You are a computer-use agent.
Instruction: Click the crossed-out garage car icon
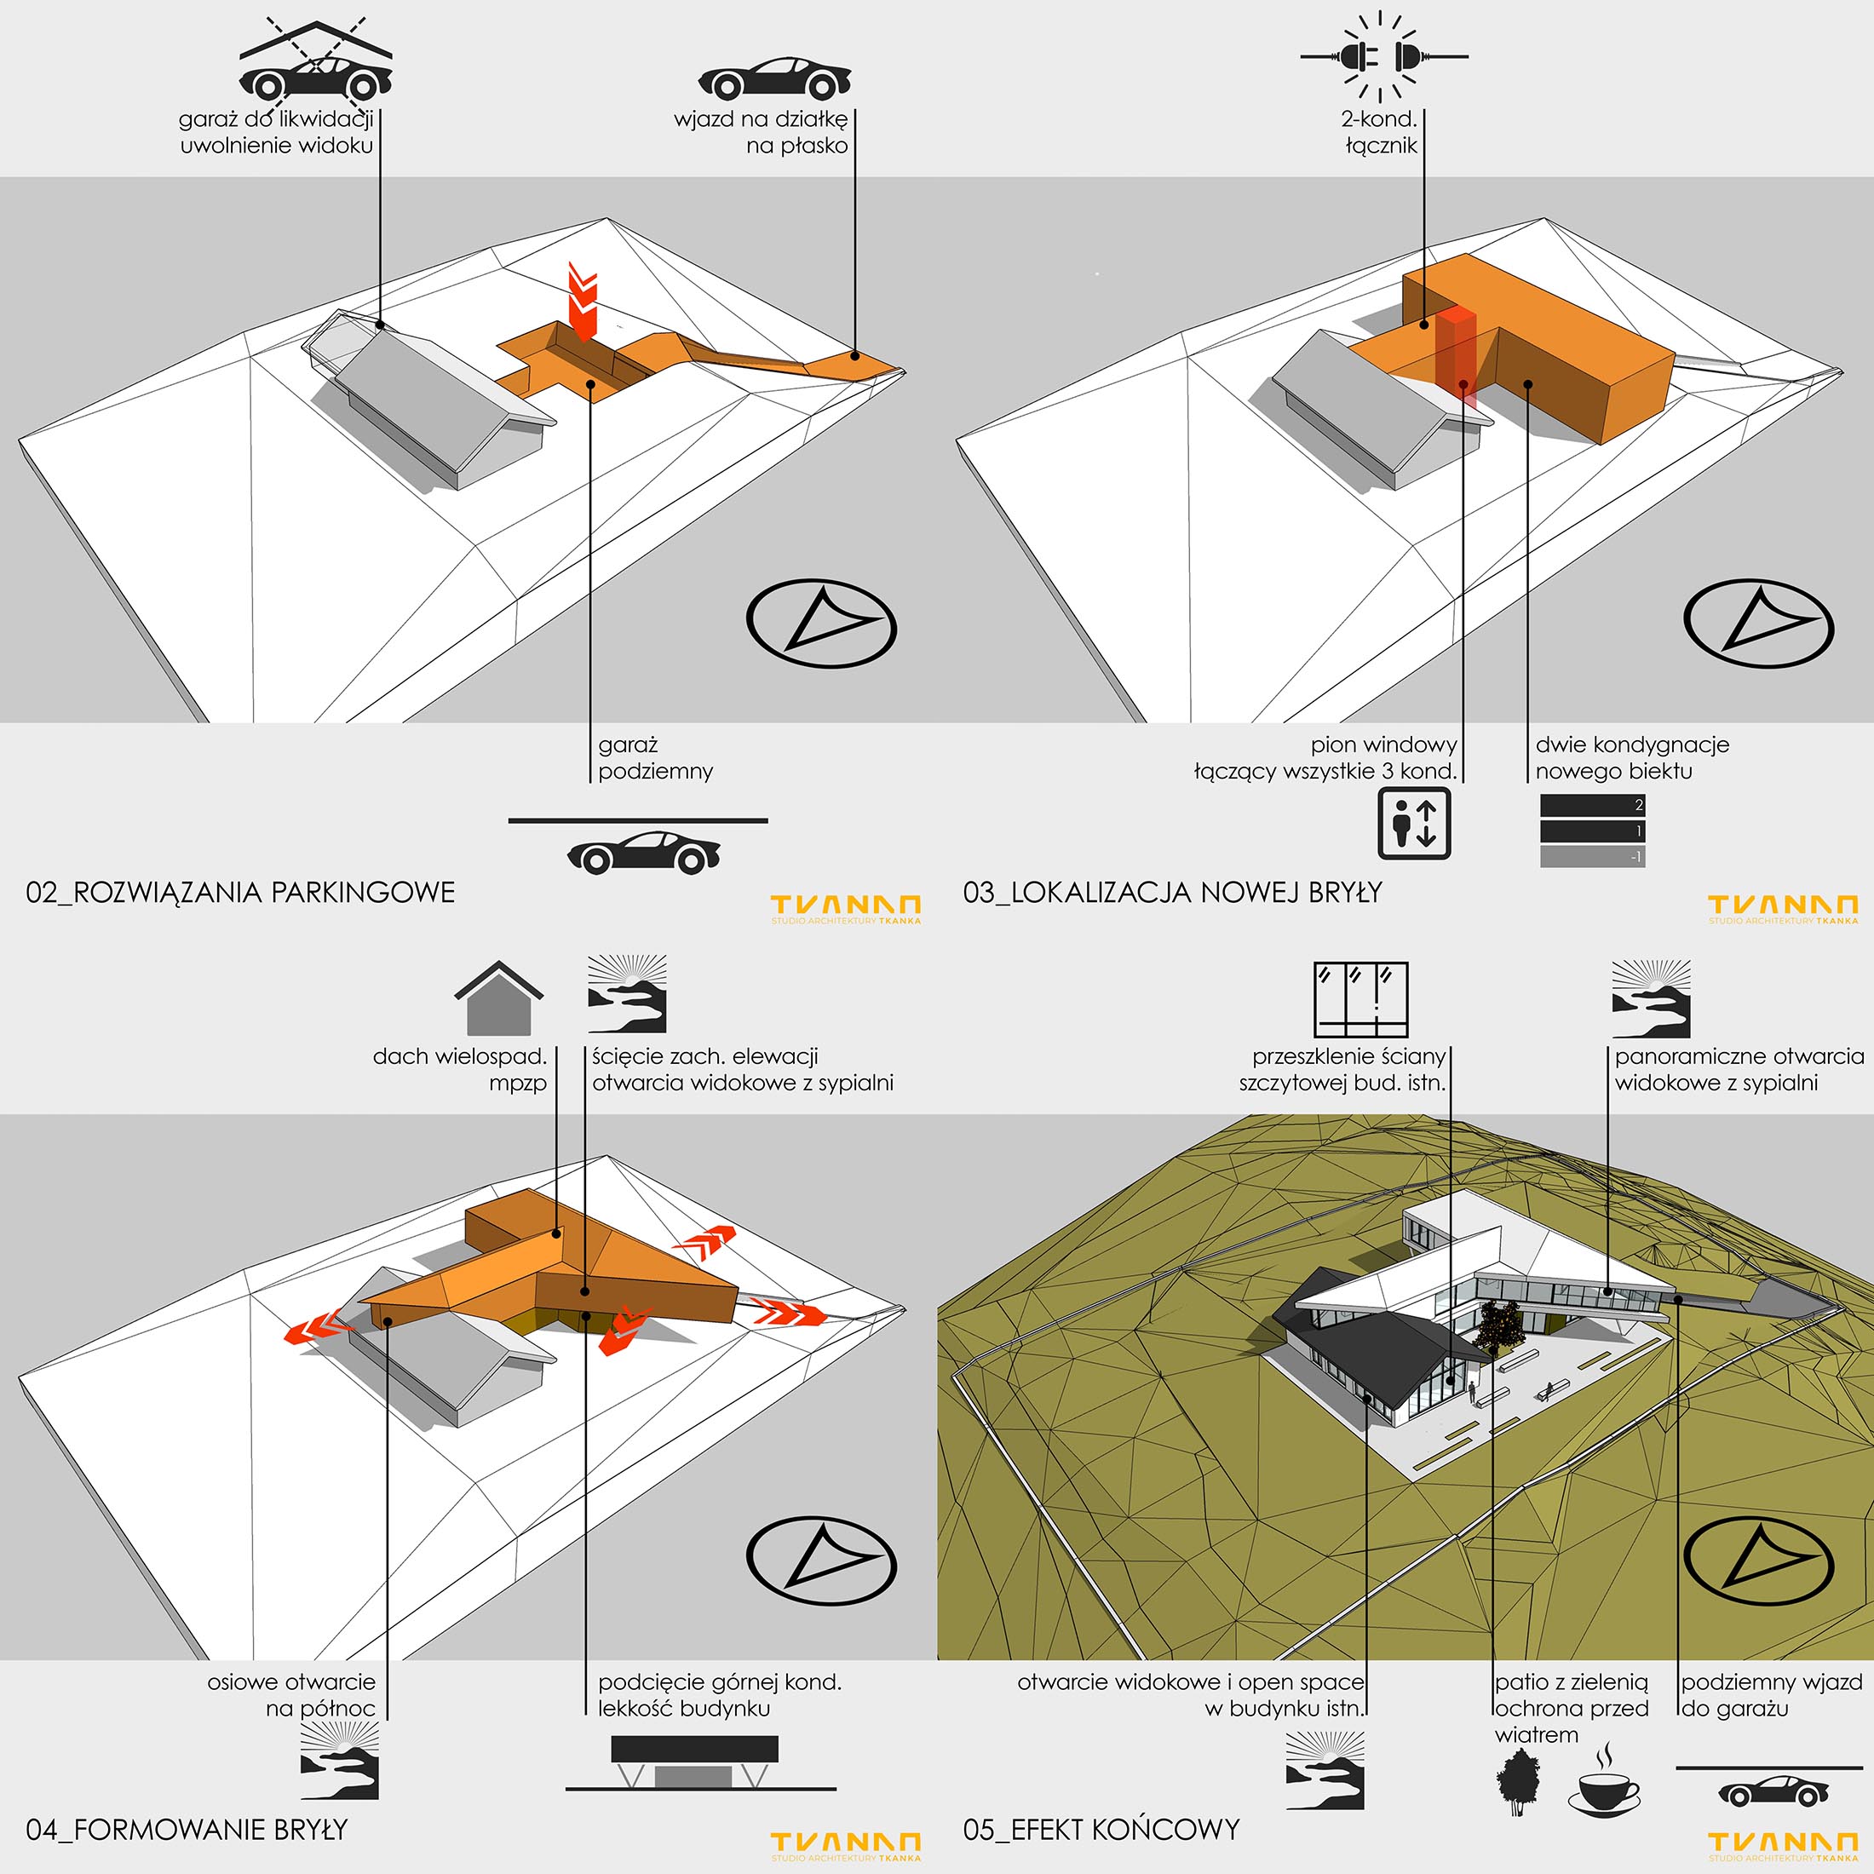pyautogui.click(x=315, y=64)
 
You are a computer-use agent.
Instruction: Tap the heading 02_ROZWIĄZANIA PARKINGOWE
pyautogui.click(x=240, y=893)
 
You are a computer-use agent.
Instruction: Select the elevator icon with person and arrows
pyautogui.click(x=1414, y=824)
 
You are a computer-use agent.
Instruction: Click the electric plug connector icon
pyautogui.click(x=1384, y=57)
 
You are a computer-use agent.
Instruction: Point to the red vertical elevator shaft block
pyautogui.click(x=1455, y=355)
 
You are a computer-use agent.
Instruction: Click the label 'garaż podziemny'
pyautogui.click(x=656, y=757)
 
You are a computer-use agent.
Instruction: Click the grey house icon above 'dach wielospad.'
pyautogui.click(x=498, y=998)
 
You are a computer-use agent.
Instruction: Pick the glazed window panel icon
pyautogui.click(x=1360, y=999)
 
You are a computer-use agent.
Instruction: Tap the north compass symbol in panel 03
pyautogui.click(x=1758, y=623)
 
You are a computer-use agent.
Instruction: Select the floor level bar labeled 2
pyautogui.click(x=1592, y=805)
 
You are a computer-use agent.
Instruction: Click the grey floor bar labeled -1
pyautogui.click(x=1592, y=856)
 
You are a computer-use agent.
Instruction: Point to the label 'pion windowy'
pyautogui.click(x=1383, y=745)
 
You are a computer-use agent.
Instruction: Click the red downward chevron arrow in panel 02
pyautogui.click(x=582, y=301)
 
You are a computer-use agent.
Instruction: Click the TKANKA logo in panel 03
pyautogui.click(x=1783, y=910)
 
